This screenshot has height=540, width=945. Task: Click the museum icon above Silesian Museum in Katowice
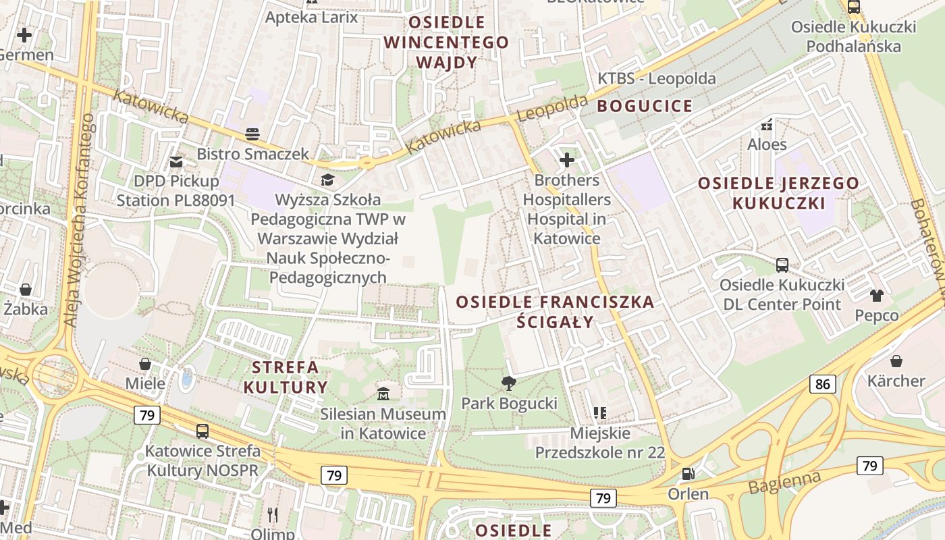tap(383, 393)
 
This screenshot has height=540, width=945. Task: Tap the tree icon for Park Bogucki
tap(509, 383)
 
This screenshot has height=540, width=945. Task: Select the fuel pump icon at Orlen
tap(688, 474)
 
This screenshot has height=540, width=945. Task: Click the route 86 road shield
tap(823, 385)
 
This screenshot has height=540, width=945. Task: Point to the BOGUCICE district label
tap(645, 106)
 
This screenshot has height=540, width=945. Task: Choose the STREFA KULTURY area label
tap(285, 377)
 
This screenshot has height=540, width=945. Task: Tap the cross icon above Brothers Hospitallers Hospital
tap(567, 160)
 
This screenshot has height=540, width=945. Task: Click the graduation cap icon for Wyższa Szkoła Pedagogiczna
tap(327, 180)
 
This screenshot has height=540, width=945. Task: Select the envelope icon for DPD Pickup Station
tap(176, 161)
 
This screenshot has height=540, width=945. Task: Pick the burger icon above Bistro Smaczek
tap(252, 134)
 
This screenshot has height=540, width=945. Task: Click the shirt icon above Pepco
tap(877, 296)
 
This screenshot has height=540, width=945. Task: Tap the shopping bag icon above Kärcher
tap(896, 361)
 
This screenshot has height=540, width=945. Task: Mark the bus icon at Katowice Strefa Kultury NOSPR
tap(202, 431)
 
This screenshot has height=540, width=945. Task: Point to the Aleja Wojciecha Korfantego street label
tap(78, 221)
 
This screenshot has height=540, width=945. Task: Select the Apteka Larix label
tap(311, 17)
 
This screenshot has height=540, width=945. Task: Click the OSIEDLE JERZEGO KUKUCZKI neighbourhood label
tap(778, 193)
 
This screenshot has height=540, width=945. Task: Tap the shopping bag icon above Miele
tap(145, 364)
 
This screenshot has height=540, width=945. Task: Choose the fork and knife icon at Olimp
tap(273, 515)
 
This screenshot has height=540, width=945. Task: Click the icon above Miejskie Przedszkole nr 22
tap(599, 412)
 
